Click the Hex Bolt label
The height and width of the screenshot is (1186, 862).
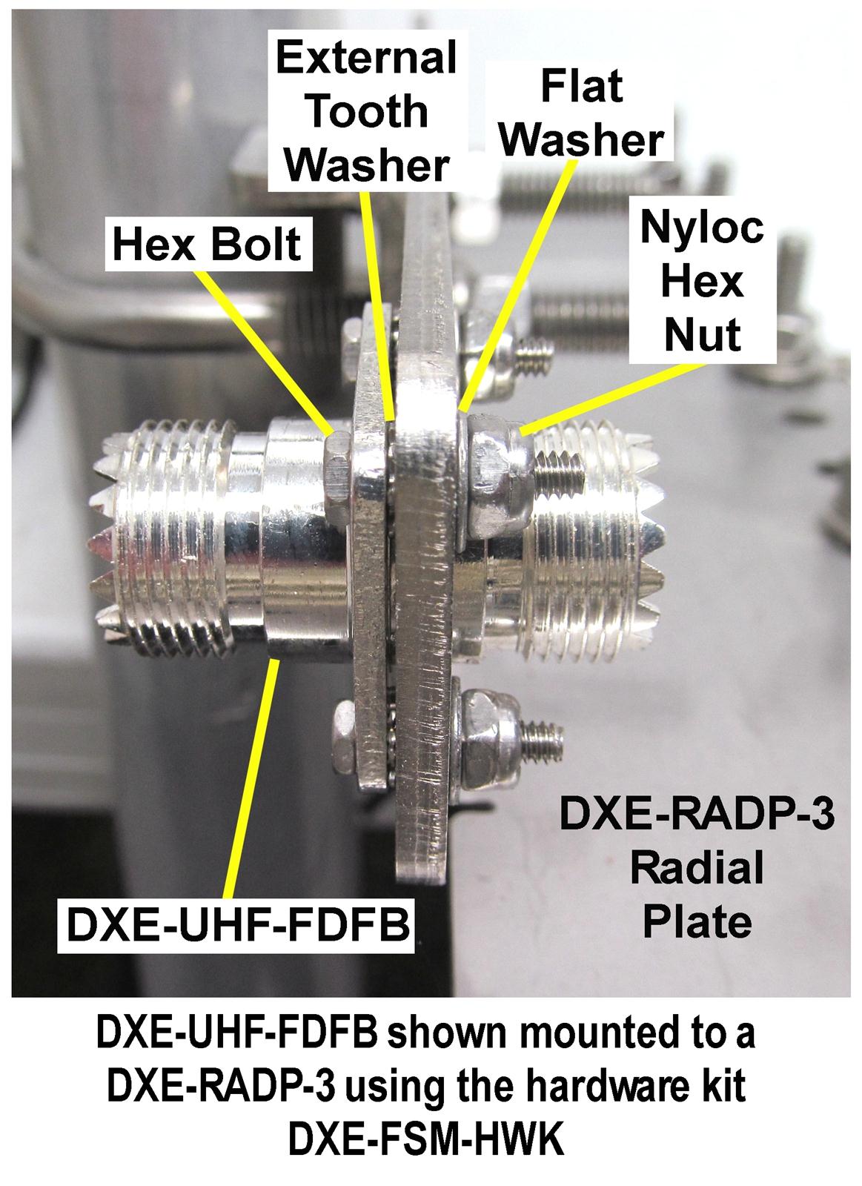point(207,243)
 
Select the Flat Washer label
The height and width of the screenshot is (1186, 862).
point(581,113)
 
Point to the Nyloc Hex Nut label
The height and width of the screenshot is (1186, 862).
point(701,282)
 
